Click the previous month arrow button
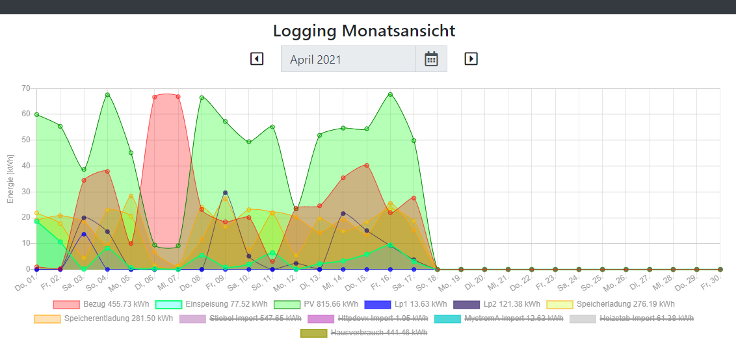(x=257, y=58)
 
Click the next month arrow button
(x=471, y=58)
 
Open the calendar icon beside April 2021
(x=432, y=59)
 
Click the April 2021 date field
(x=348, y=59)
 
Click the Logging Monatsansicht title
(x=364, y=31)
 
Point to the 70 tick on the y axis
(x=26, y=88)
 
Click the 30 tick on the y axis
(x=26, y=192)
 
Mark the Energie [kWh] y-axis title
(x=10, y=179)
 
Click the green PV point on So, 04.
(x=107, y=95)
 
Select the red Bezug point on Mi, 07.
(x=177, y=97)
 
